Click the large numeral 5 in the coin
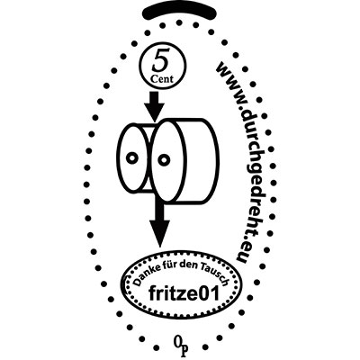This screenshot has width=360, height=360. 160,62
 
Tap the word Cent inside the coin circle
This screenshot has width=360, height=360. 162,79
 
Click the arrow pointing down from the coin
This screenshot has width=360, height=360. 154,106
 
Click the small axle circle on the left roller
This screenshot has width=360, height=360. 131,157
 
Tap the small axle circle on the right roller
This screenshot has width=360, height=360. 164,159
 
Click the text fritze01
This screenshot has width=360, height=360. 184,293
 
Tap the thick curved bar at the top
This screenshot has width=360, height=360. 180,13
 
